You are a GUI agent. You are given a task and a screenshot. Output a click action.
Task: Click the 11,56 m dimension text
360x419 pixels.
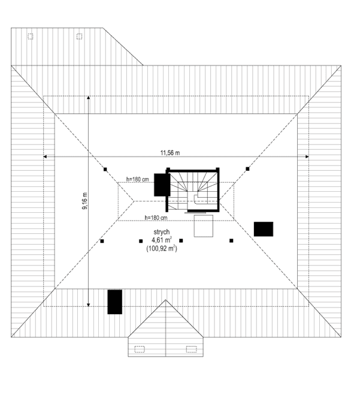(x=170, y=152)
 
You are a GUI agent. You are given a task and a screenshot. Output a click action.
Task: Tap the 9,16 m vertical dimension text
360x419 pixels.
(x=84, y=201)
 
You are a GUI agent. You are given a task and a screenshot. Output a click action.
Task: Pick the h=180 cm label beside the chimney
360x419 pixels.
(x=138, y=178)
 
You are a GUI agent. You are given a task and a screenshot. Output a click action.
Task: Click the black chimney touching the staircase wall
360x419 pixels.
(x=160, y=185)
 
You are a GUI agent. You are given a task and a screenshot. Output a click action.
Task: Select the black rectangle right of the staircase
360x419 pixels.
(x=264, y=229)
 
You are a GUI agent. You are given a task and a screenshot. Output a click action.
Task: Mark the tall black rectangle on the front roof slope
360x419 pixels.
(x=114, y=302)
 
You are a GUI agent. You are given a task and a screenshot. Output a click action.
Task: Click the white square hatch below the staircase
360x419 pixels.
(x=204, y=225)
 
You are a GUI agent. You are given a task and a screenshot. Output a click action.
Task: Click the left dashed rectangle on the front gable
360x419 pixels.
(x=141, y=348)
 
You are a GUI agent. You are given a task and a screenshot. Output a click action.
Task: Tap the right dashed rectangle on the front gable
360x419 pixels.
(x=192, y=348)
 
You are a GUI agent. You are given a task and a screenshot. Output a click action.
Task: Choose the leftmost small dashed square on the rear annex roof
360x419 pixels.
(x=31, y=37)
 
